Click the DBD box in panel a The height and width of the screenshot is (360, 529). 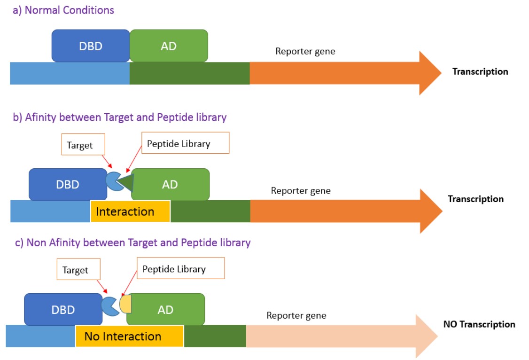pos(91,46)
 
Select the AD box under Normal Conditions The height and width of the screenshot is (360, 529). pos(169,46)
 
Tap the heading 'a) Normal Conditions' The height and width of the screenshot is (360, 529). pos(63,10)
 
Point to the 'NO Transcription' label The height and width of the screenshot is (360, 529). pos(479,324)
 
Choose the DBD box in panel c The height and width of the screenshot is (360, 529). pos(63,310)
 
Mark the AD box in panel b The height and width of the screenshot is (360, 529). pos(170,184)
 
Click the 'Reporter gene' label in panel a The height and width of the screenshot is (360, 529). pos(305,51)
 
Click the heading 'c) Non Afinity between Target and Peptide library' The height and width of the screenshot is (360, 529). pos(132,243)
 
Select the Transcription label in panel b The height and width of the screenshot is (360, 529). pos(475,199)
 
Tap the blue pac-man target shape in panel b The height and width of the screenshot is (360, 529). pos(113,181)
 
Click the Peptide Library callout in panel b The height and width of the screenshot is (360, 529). pos(185,143)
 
